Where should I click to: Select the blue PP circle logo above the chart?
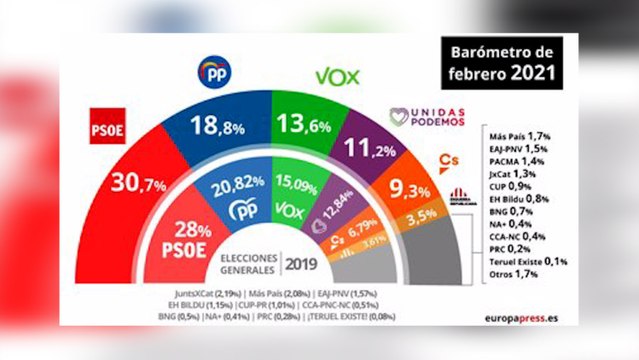pyautogui.click(x=218, y=71)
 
